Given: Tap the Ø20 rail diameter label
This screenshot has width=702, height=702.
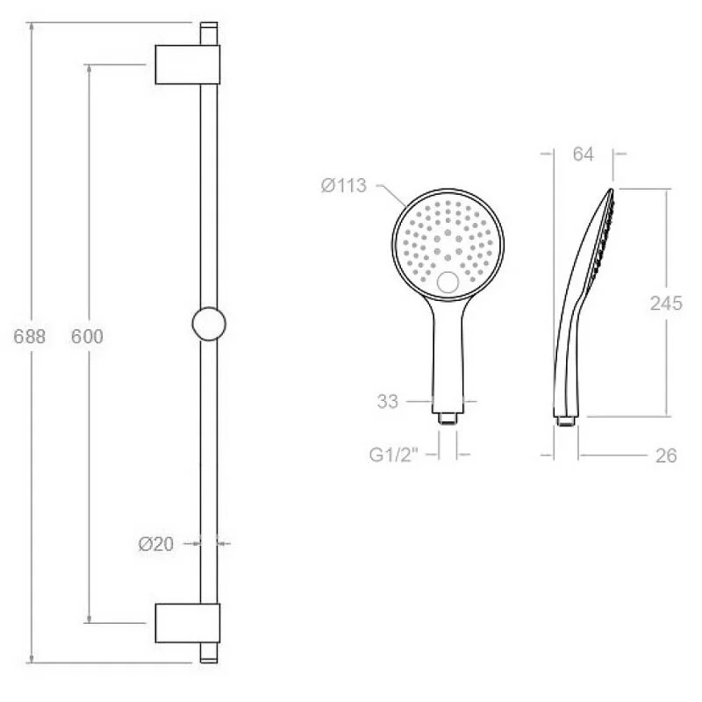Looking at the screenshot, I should [155, 544].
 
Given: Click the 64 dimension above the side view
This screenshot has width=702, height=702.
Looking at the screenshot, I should [583, 154].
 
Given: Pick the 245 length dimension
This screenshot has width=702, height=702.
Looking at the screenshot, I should [666, 304].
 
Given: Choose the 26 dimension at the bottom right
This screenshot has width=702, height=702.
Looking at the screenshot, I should [665, 456].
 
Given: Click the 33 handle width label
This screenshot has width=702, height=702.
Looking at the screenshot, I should [388, 402].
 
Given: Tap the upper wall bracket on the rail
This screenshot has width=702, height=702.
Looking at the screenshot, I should [187, 63].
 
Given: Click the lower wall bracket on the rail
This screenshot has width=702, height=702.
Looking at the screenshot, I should [187, 624].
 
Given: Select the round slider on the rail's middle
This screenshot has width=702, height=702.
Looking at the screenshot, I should [208, 324].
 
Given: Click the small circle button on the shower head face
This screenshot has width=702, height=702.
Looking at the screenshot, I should [448, 283].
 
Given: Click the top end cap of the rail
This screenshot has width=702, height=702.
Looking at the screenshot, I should [208, 31].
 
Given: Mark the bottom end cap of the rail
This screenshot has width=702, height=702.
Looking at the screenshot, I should [208, 655].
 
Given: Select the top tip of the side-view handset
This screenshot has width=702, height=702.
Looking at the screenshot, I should [609, 191].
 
